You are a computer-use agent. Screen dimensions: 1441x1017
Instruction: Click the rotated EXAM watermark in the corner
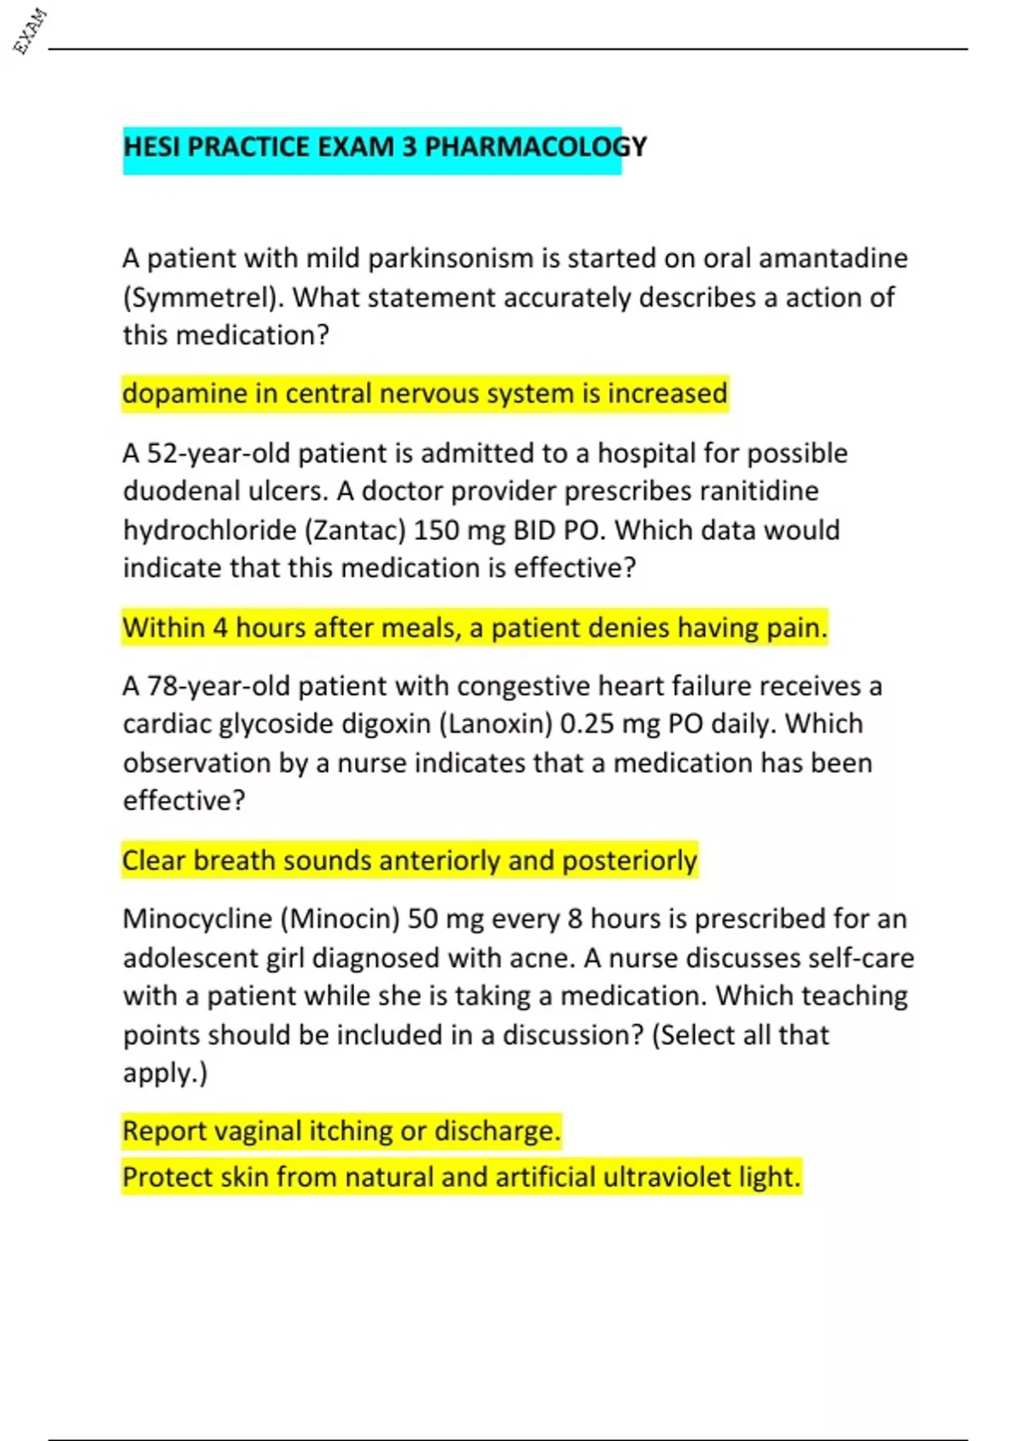[30, 31]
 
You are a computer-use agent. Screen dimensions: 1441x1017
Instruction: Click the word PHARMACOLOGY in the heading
[535, 147]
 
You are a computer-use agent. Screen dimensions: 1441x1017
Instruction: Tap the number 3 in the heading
[409, 147]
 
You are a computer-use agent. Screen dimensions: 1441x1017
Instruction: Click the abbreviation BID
[534, 530]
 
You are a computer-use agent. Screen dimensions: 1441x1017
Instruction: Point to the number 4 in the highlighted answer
[220, 628]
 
